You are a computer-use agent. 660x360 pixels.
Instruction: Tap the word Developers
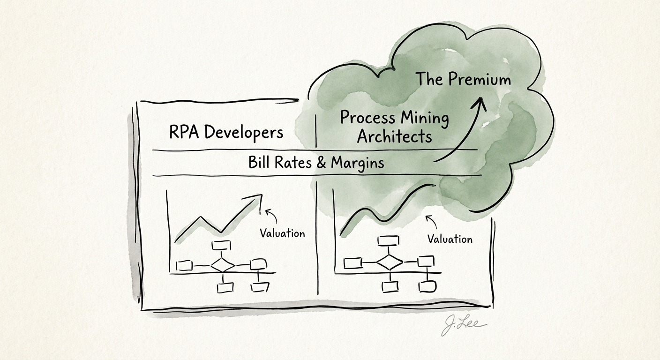(x=244, y=133)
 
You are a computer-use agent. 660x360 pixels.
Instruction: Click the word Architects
(x=394, y=136)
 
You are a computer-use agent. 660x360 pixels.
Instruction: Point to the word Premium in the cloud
(x=479, y=79)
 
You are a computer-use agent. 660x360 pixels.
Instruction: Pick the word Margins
(x=358, y=163)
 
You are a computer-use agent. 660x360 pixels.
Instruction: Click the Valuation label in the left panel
(x=282, y=233)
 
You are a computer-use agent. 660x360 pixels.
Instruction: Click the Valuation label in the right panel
(x=450, y=239)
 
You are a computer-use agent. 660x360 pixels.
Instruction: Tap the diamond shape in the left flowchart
(x=223, y=265)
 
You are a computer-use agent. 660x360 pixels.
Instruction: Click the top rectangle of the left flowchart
(x=222, y=246)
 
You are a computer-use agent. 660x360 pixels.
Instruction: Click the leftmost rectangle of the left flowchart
(x=184, y=266)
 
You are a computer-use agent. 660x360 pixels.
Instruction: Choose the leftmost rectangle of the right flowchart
(x=352, y=262)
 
